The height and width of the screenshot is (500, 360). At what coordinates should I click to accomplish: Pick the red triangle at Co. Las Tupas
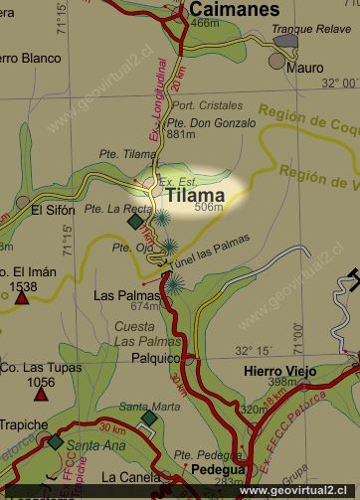point(40,394)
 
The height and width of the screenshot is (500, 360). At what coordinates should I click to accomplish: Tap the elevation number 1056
point(41,382)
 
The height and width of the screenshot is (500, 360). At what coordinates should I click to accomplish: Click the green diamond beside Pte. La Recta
point(135,222)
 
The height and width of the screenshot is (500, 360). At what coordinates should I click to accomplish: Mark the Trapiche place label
point(24,424)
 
